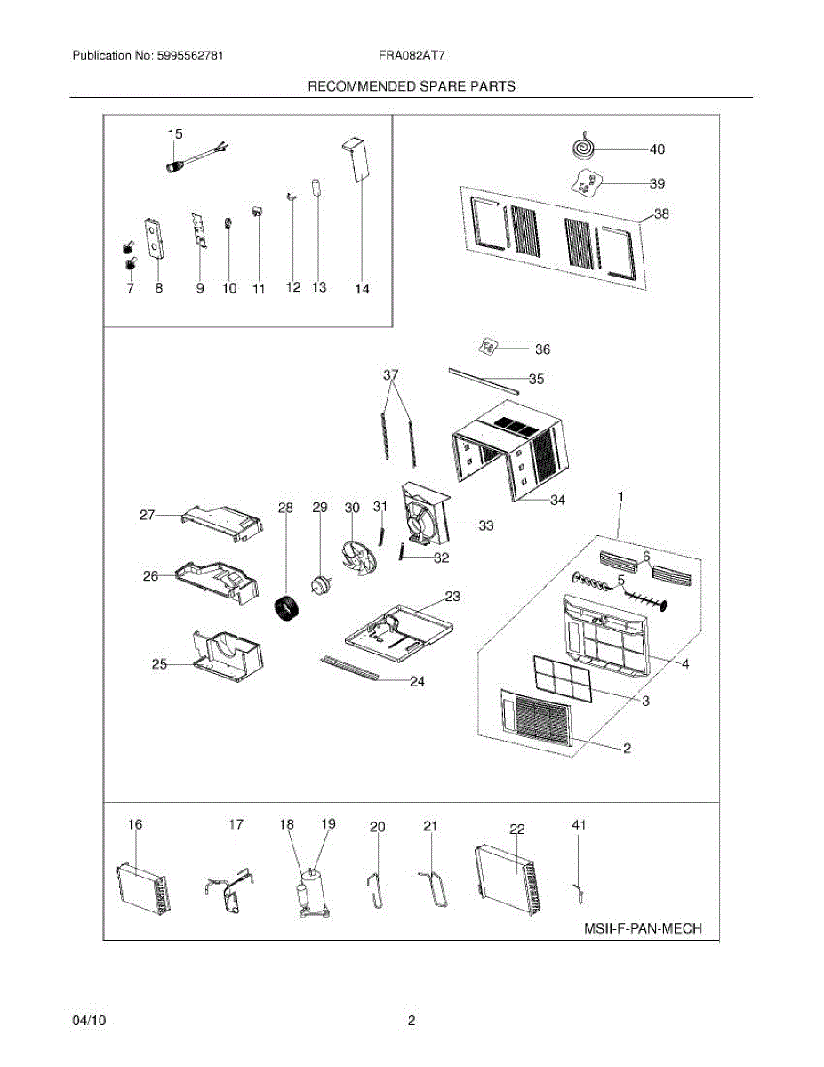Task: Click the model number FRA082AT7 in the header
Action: click(x=412, y=55)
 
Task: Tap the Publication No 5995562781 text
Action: click(x=148, y=55)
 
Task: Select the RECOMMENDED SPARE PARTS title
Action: click(x=412, y=86)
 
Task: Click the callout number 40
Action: click(x=657, y=149)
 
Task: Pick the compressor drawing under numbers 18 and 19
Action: click(x=312, y=889)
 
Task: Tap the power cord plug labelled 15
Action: click(x=176, y=164)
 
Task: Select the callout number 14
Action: click(x=362, y=288)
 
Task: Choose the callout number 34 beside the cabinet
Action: click(x=557, y=501)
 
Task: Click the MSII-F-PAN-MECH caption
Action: click(x=643, y=929)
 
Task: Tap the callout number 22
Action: click(x=517, y=829)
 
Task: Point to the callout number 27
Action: click(x=148, y=515)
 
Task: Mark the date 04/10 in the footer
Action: click(x=89, y=1022)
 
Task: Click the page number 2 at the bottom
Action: click(x=412, y=1022)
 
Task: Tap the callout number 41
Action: click(x=579, y=826)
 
